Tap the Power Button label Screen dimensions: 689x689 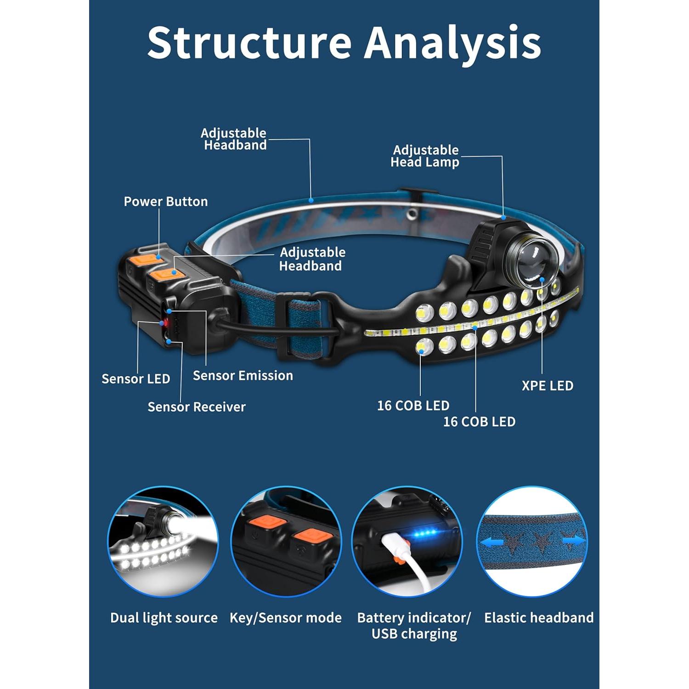[166, 202]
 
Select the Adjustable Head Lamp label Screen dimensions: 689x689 [425, 156]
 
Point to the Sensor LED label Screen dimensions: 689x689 [136, 379]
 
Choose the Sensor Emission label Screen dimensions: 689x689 [243, 376]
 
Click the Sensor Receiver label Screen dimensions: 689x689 [197, 407]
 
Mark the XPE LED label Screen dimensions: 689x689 [548, 386]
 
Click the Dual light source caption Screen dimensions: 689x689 [164, 618]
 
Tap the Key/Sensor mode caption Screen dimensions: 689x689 [286, 618]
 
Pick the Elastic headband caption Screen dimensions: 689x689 [539, 618]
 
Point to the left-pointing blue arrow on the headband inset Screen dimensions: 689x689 [491, 542]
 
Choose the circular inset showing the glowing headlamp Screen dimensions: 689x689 [163, 542]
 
